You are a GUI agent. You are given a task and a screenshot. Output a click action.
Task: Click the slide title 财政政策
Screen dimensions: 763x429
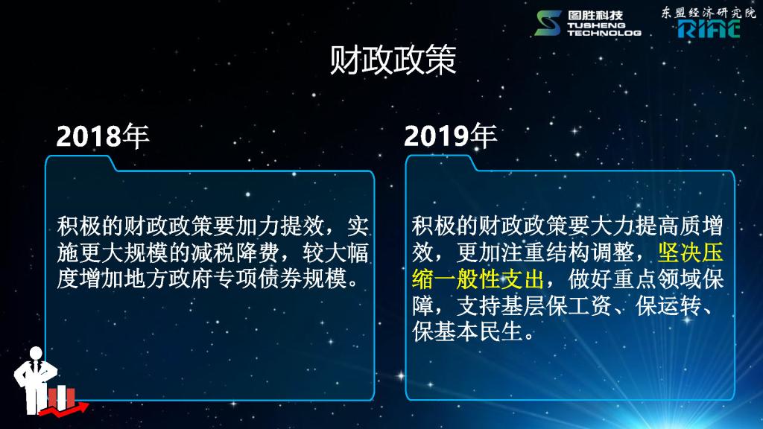pyautogui.click(x=393, y=60)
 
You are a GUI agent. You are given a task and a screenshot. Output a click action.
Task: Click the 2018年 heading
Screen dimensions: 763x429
pyautogui.click(x=103, y=136)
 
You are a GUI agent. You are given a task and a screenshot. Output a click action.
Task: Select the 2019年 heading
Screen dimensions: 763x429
pyautogui.click(x=450, y=136)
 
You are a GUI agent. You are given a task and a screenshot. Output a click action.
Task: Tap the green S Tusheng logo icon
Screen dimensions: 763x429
pyautogui.click(x=548, y=23)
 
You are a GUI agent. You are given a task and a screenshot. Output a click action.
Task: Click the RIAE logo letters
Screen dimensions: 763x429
pyautogui.click(x=709, y=29)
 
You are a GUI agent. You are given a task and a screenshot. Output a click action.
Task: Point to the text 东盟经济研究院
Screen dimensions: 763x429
pyautogui.click(x=708, y=13)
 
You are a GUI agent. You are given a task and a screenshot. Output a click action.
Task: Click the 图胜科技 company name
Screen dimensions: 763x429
pyautogui.click(x=595, y=15)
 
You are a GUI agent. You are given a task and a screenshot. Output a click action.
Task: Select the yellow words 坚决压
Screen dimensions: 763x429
pyautogui.click(x=690, y=252)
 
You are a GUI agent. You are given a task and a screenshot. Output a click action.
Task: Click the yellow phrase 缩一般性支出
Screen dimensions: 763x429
pyautogui.click(x=478, y=279)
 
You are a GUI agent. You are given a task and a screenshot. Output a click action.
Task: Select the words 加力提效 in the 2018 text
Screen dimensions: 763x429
pyautogui.click(x=279, y=226)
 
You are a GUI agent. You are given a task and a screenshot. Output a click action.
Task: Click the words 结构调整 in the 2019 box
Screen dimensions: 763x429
pyautogui.click(x=589, y=252)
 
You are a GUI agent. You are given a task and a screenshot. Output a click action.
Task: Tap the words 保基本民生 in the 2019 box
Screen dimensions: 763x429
pyautogui.click(x=467, y=331)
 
